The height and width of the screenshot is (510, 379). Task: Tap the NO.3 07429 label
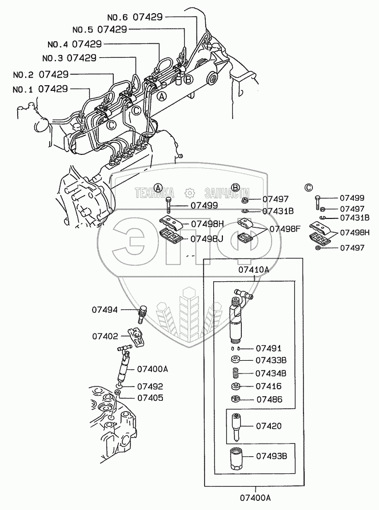tap(69, 58)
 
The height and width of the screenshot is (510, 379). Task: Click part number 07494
tap(105, 310)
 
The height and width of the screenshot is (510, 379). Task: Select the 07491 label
tap(268, 348)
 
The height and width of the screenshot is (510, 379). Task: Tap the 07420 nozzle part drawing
tap(237, 426)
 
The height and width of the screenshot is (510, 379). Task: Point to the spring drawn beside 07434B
tap(235, 373)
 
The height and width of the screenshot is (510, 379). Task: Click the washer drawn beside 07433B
tap(235, 360)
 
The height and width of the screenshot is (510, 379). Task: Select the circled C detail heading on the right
tap(309, 187)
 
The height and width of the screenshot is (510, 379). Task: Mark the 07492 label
tap(148, 386)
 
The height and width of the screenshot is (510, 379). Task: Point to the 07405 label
tap(148, 397)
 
